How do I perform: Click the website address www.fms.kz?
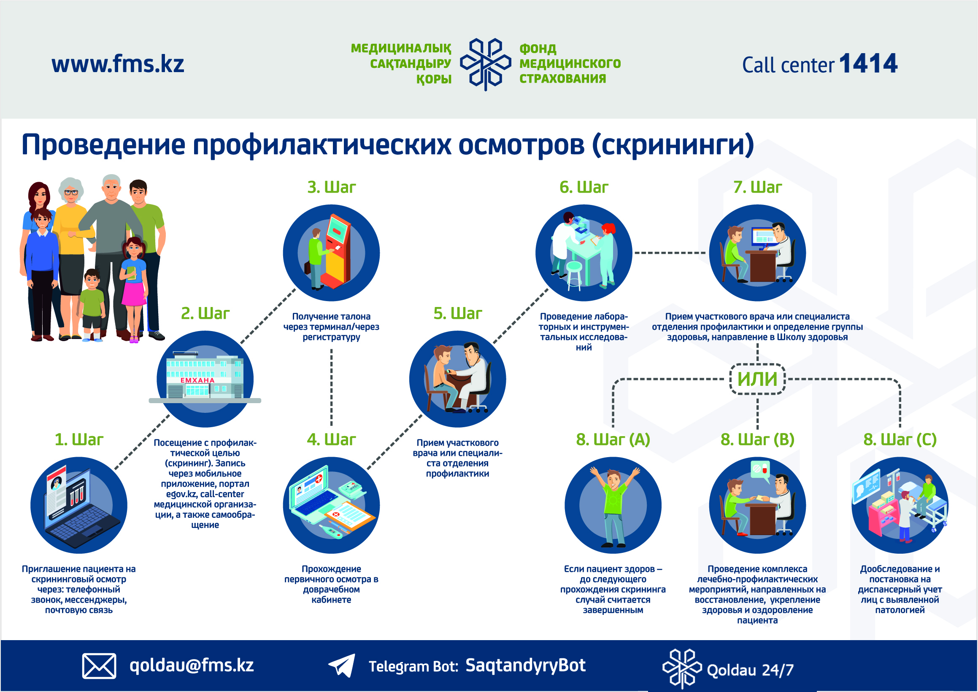(118, 65)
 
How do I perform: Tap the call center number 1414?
(868, 64)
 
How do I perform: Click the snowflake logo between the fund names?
(485, 64)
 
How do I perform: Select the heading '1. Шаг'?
(79, 439)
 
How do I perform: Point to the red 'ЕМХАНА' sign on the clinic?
(197, 380)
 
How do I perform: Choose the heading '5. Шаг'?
(457, 313)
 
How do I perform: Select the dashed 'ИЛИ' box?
(757, 379)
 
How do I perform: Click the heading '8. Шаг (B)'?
(757, 439)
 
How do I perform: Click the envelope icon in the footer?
(99, 665)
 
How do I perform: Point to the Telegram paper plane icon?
(341, 665)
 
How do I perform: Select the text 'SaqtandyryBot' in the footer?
(525, 665)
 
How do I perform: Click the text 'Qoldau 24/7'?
(750, 670)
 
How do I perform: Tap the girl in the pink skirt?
(133, 290)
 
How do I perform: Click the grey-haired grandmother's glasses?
(71, 192)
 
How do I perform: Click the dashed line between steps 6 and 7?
(670, 253)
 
